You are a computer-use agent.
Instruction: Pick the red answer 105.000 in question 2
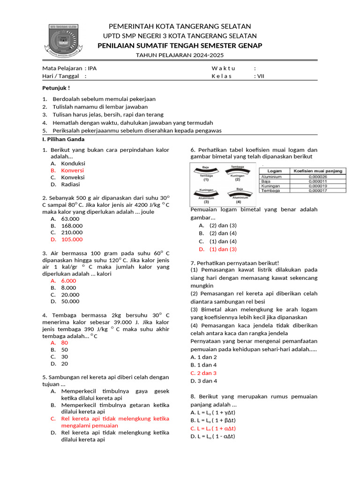(72, 239)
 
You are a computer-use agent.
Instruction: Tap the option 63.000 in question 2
(70, 218)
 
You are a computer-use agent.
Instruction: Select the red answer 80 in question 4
(65, 342)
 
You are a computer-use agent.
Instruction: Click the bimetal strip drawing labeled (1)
(206, 173)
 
